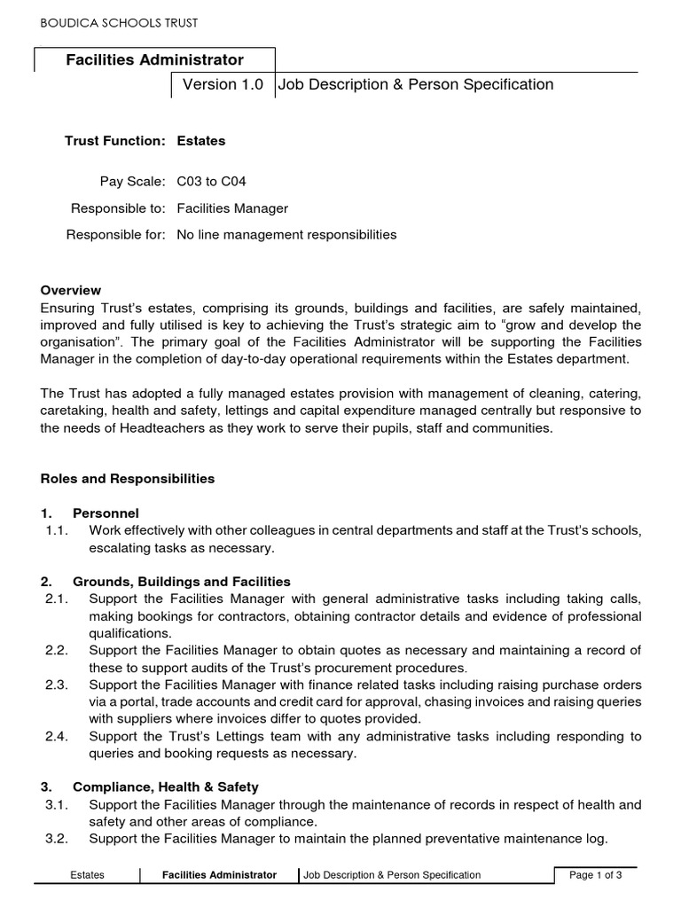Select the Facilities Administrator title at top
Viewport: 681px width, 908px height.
click(x=154, y=60)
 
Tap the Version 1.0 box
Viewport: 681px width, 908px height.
click(x=223, y=85)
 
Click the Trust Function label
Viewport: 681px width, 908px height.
click(x=115, y=141)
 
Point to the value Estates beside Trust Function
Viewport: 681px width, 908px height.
click(x=201, y=141)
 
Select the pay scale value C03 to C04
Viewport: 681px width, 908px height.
click(x=212, y=182)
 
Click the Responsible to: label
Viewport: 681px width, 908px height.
click(x=118, y=208)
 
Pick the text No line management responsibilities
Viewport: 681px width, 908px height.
click(x=286, y=235)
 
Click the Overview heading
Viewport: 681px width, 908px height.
click(x=71, y=290)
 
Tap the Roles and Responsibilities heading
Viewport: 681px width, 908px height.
click(x=128, y=479)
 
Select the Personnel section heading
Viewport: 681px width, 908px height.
click(x=106, y=513)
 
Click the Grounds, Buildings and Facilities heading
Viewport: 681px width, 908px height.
click(x=181, y=582)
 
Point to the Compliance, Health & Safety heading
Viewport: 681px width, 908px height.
click(x=165, y=787)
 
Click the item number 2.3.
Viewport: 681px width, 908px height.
click(x=57, y=685)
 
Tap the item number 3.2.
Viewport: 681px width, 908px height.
click(x=57, y=838)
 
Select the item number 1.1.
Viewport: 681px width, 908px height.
click(x=57, y=530)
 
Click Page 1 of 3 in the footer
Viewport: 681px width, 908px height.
click(x=595, y=875)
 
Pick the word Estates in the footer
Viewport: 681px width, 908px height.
click(x=88, y=875)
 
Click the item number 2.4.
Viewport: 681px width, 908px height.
click(x=57, y=736)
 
